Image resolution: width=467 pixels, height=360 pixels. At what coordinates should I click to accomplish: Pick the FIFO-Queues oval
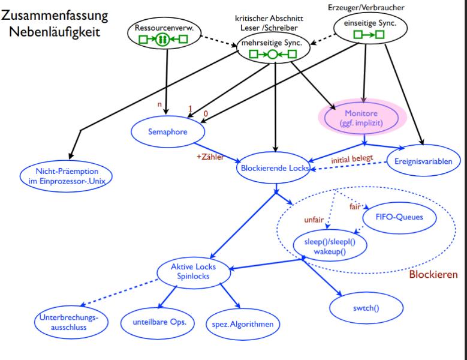[398, 215]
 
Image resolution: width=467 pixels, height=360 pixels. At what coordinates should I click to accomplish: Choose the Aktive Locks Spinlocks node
[194, 271]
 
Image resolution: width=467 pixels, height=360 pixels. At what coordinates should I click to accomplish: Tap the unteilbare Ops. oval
[155, 322]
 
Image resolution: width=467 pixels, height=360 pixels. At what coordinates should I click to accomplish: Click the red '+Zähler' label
[210, 158]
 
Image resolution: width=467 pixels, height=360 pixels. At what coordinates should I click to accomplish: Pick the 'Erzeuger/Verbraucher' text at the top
[366, 7]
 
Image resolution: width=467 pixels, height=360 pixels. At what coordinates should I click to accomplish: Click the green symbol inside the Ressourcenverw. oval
[162, 40]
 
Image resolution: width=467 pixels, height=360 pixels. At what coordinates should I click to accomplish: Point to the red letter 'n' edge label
[159, 106]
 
